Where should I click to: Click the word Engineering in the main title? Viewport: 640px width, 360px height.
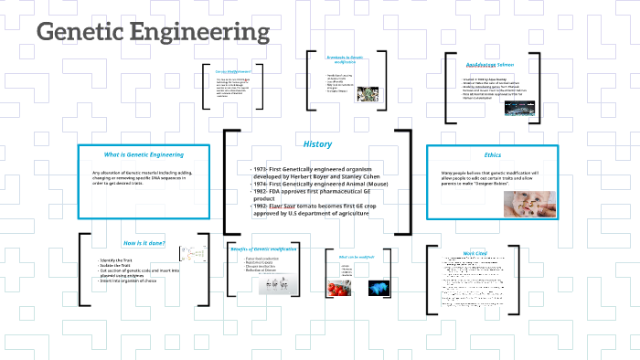[x=202, y=33]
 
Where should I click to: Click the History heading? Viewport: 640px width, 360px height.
[x=317, y=144]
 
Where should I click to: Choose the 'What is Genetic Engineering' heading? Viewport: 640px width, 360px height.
[x=144, y=154]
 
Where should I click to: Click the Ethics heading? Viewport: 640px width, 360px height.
[x=493, y=154]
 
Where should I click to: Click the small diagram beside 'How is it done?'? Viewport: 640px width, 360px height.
[x=191, y=259]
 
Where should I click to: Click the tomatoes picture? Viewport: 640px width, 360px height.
[x=342, y=287]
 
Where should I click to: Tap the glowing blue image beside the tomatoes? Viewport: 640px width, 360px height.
[x=379, y=287]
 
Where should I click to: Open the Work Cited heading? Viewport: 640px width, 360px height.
[x=475, y=253]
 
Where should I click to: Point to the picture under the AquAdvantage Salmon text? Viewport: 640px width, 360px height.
[x=480, y=108]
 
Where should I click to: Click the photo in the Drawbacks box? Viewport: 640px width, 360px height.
[x=366, y=93]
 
